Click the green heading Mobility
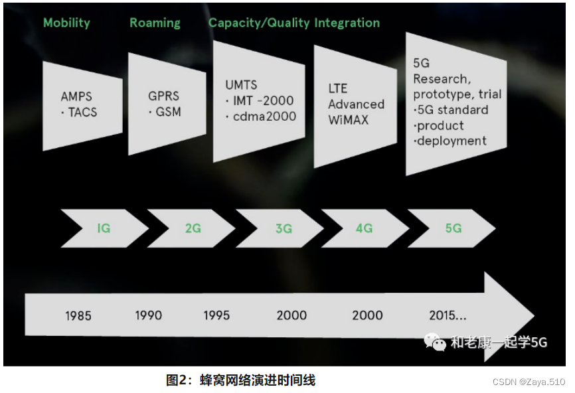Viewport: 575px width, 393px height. [x=66, y=23]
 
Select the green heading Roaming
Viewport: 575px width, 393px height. [x=155, y=23]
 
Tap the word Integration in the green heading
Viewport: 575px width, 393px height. [x=347, y=23]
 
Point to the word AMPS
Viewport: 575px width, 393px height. [x=76, y=97]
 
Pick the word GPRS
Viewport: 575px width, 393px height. [x=163, y=96]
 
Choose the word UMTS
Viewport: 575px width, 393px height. [x=241, y=86]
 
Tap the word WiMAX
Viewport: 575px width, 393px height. [x=348, y=120]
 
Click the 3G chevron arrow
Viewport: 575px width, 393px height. [x=283, y=228]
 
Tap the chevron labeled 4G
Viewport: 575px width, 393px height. [x=364, y=228]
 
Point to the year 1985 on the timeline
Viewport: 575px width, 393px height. [x=78, y=315]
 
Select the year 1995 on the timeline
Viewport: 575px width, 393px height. [x=216, y=315]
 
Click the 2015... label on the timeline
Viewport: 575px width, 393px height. [x=448, y=315]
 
